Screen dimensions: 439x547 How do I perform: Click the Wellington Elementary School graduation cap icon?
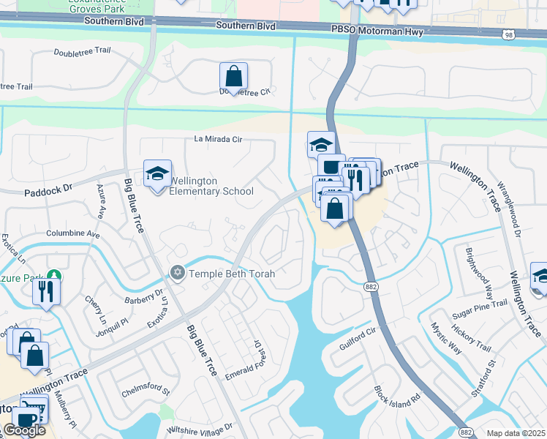pyautogui.click(x=157, y=174)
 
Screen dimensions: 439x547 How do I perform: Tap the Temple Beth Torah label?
pyautogui.click(x=232, y=274)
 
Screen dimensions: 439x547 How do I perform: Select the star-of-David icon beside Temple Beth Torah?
pyautogui.click(x=176, y=273)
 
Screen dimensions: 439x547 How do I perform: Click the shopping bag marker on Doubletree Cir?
pyautogui.click(x=233, y=75)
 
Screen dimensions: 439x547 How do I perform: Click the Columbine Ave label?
pyautogui.click(x=72, y=234)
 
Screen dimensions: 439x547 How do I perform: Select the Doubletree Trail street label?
pyautogui.click(x=82, y=53)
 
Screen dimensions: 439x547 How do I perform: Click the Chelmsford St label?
pyautogui.click(x=146, y=391)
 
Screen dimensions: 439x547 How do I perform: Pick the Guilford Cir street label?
pyautogui.click(x=358, y=337)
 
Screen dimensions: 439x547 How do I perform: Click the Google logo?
pyautogui.click(x=24, y=430)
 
